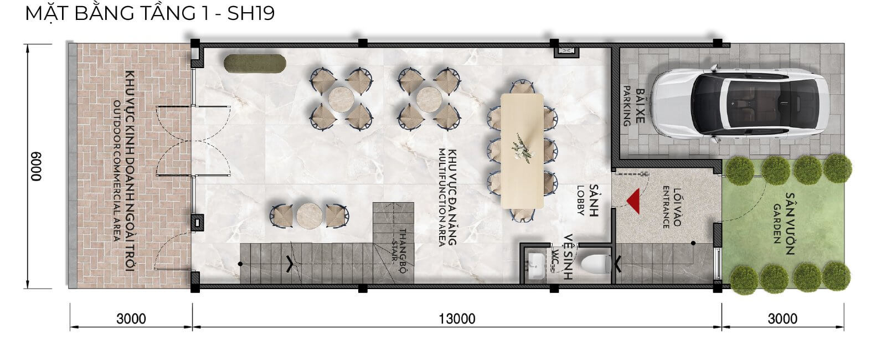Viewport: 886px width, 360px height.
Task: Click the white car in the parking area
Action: pyautogui.click(x=740, y=104)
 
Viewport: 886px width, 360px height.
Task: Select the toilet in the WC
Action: pyautogui.click(x=596, y=264)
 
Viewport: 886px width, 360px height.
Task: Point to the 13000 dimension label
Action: pyautogui.click(x=457, y=318)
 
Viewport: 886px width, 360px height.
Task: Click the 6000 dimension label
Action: pyautogui.click(x=37, y=166)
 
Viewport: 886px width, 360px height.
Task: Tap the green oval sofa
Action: pyautogui.click(x=255, y=64)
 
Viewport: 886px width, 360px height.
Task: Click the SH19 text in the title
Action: pyautogui.click(x=251, y=13)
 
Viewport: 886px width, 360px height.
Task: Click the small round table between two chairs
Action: pyautogui.click(x=310, y=216)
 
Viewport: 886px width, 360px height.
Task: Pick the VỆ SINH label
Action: pyautogui.click(x=568, y=257)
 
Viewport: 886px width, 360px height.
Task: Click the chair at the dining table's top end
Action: pyautogui.click(x=522, y=87)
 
